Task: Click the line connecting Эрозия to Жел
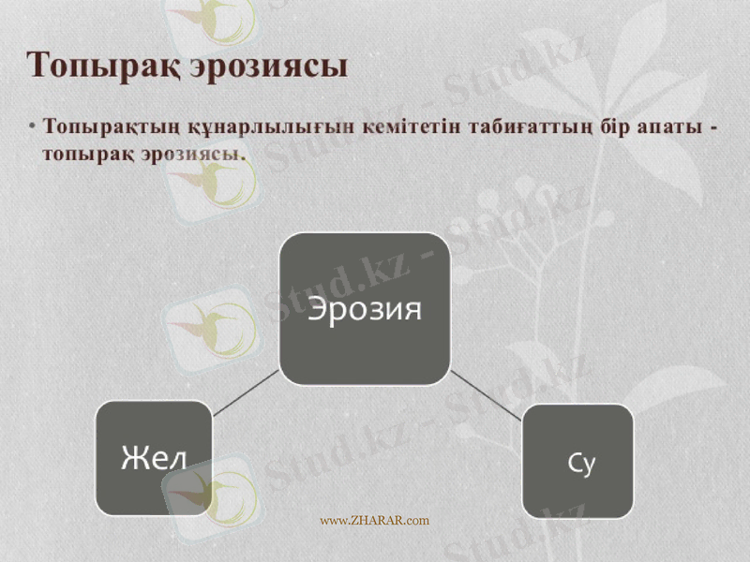(246, 392)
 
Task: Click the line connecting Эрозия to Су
(486, 394)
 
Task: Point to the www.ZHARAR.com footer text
(374, 521)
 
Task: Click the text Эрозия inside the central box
(365, 308)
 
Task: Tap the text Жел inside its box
(153, 458)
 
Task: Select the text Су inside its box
(581, 462)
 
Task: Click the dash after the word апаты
(715, 128)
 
